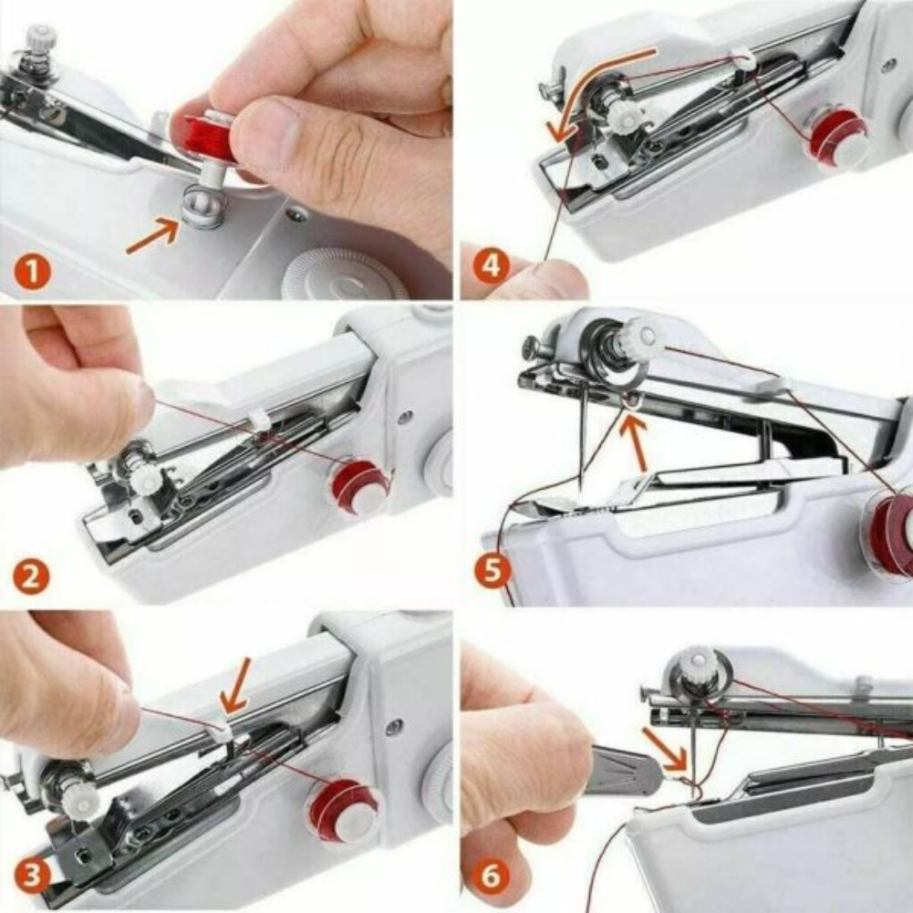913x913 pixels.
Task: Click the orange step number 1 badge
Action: click(x=34, y=272)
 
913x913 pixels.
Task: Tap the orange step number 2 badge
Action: click(x=31, y=576)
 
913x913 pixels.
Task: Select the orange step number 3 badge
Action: click(x=34, y=878)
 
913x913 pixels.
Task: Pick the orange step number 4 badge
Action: click(x=493, y=267)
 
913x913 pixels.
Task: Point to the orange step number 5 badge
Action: click(x=493, y=572)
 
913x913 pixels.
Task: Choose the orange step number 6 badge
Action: click(x=491, y=878)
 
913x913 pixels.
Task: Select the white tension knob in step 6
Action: click(x=698, y=663)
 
